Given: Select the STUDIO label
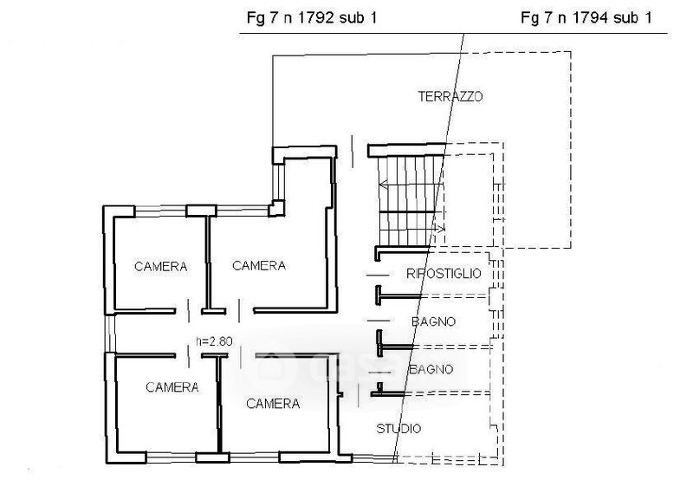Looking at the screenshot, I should click(x=399, y=429).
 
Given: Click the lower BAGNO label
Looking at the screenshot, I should click(x=431, y=370).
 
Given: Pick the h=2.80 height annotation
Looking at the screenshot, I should click(x=214, y=341).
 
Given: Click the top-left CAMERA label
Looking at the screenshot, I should click(x=161, y=267).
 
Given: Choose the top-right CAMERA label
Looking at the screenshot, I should click(x=259, y=266).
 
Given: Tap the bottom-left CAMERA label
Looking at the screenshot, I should click(x=172, y=387).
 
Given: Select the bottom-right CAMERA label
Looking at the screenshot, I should click(x=273, y=404).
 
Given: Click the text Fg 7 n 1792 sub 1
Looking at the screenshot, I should click(x=312, y=17).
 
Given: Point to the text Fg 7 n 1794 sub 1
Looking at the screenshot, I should click(x=586, y=17).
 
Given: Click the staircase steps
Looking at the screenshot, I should click(x=407, y=199).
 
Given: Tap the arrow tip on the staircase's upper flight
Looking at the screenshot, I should click(x=381, y=183).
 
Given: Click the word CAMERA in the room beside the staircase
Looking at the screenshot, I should click(x=259, y=266).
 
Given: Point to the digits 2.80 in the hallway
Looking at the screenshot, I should click(x=220, y=341).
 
